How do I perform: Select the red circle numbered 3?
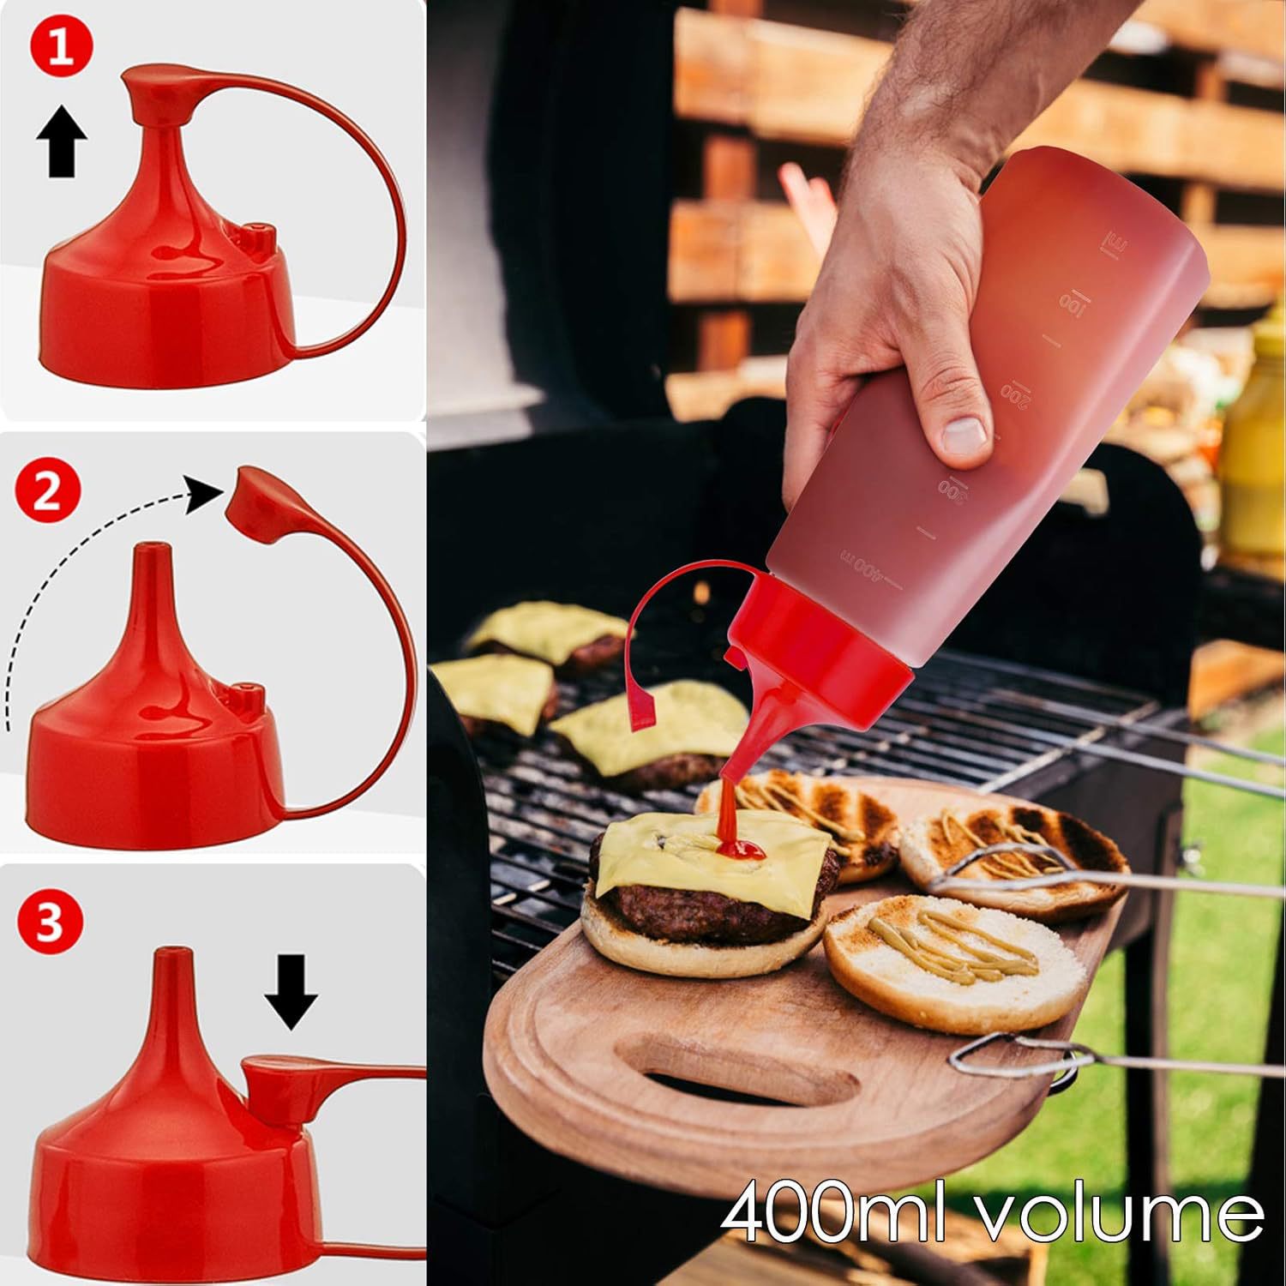(49, 924)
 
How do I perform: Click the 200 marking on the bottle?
(1014, 390)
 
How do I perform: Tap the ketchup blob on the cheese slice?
(739, 849)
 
